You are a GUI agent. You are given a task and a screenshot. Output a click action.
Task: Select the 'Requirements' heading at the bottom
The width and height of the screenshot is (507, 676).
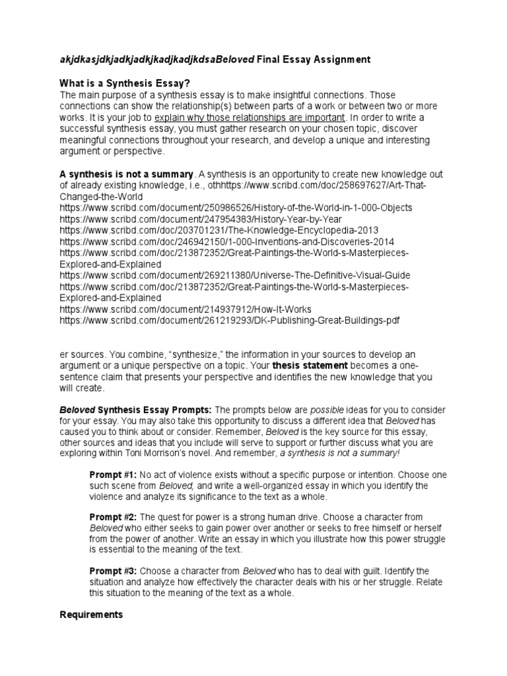91,614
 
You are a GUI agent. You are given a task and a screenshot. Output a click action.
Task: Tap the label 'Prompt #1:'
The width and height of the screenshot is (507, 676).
112,475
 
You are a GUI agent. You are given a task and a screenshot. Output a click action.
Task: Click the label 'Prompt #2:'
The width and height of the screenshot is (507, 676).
112,517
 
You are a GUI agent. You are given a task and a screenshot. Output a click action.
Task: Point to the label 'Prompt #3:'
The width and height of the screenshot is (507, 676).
112,570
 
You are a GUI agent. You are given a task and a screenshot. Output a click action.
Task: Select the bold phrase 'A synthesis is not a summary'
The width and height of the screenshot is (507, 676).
127,174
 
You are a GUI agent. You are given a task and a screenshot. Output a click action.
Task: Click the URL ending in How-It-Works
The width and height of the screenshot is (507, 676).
186,309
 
